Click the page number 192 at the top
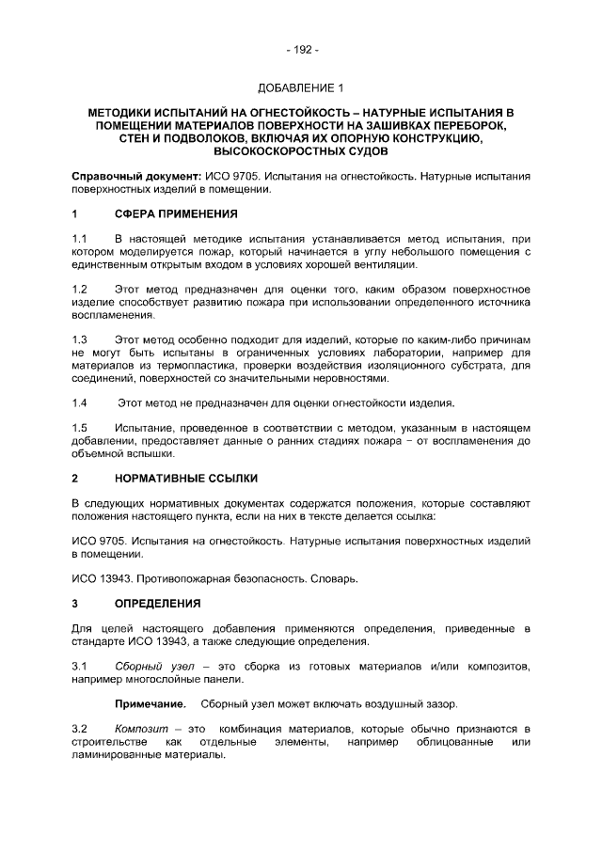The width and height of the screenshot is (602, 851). [301, 50]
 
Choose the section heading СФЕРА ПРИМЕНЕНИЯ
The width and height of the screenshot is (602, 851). [176, 213]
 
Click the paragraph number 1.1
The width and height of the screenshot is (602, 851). [80, 240]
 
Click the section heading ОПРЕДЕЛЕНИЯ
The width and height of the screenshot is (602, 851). [158, 603]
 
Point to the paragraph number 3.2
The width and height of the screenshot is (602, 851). [80, 729]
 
